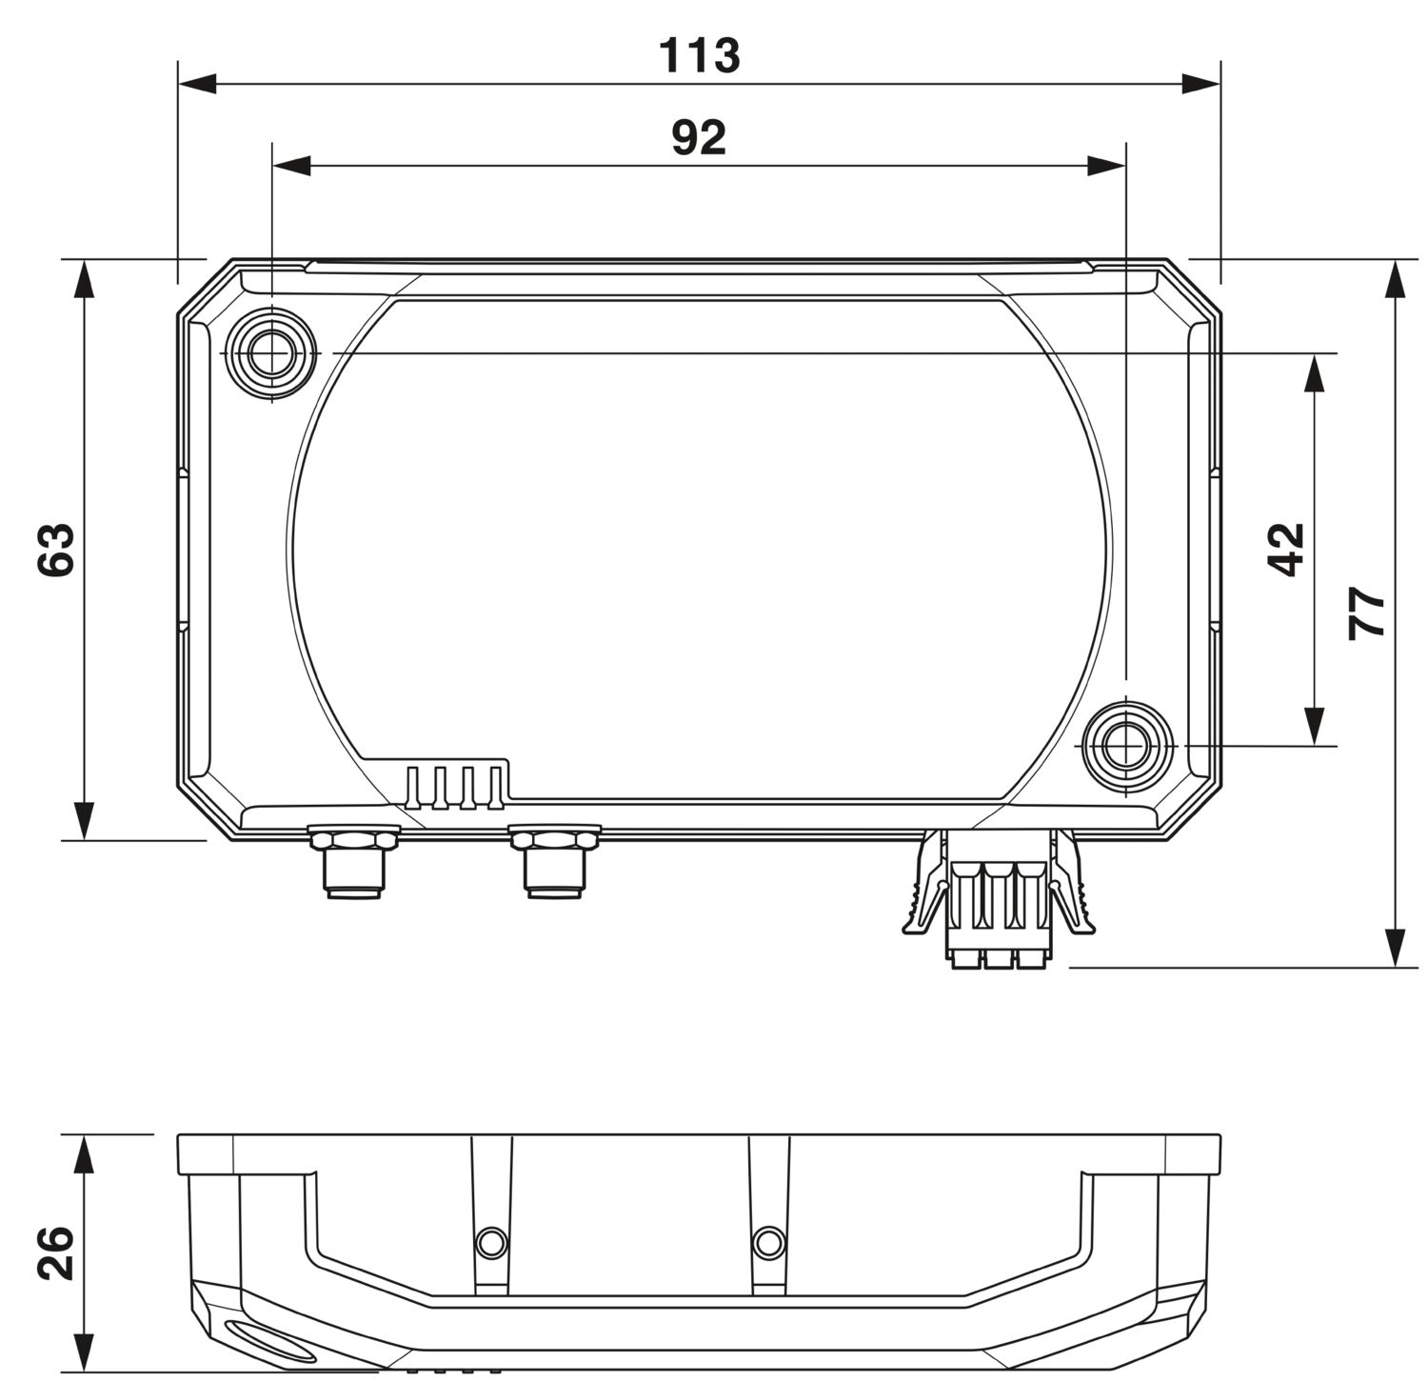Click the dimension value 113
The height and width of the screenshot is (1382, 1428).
coord(700,56)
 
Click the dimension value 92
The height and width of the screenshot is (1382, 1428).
coord(699,139)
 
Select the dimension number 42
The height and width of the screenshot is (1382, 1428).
coord(1286,550)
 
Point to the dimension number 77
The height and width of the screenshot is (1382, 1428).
coord(1367,614)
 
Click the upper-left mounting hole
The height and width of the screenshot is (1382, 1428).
coord(272,353)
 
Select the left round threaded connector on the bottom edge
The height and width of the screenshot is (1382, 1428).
coord(352,862)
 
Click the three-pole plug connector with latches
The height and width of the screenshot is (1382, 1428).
coord(998,900)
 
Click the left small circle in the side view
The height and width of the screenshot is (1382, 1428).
coord(491,1242)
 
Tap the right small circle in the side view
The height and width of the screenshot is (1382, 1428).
coord(768,1242)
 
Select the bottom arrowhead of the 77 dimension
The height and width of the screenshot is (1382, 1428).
coord(1396,948)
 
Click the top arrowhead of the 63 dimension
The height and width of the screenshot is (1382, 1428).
coord(85,277)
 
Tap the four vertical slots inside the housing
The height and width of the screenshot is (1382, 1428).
coord(455,787)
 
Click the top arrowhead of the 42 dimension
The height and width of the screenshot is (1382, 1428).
coord(1315,372)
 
